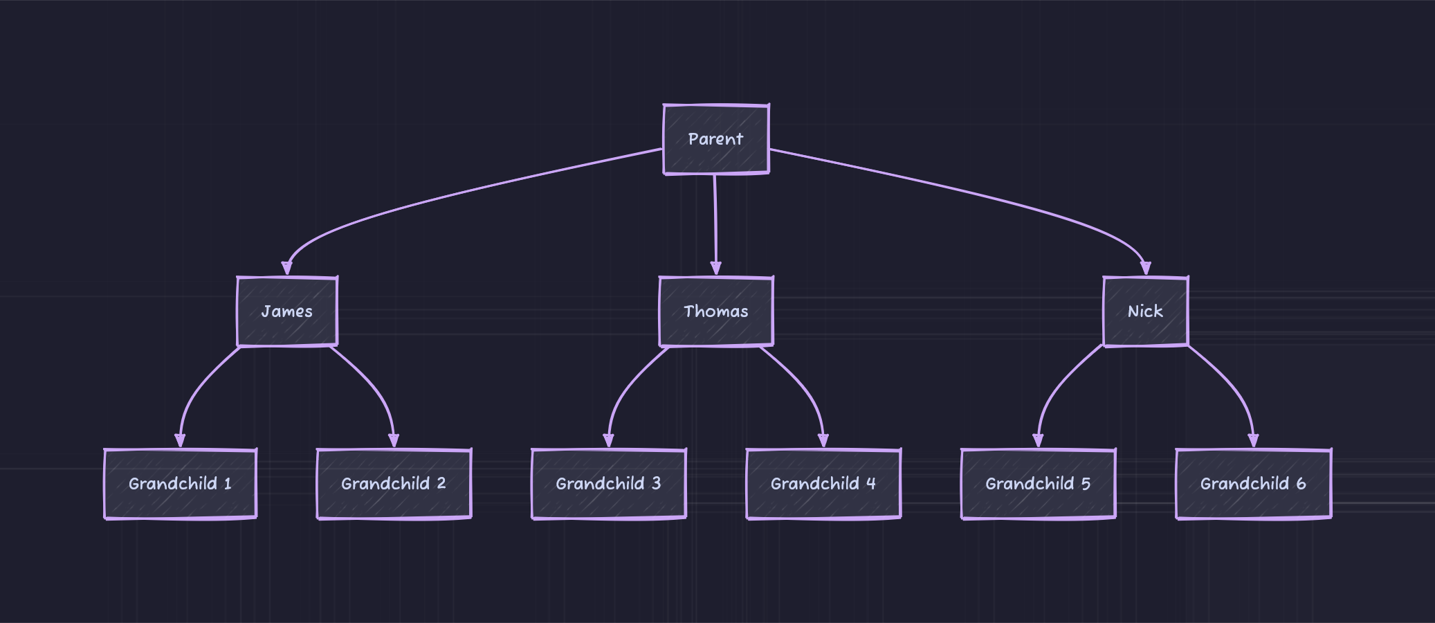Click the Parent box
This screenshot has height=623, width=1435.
pyautogui.click(x=716, y=139)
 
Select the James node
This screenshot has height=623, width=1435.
pyautogui.click(x=287, y=311)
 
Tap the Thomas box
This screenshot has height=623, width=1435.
pyautogui.click(x=716, y=311)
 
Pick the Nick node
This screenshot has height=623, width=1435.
pyautogui.click(x=1145, y=311)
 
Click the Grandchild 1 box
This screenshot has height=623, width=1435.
pyautogui.click(x=180, y=484)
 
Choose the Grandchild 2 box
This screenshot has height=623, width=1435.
pyautogui.click(x=394, y=484)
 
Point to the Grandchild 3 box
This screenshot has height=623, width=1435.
pyautogui.click(x=608, y=484)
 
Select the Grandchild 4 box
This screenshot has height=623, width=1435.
pyautogui.click(x=823, y=484)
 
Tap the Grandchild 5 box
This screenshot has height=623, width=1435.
pyautogui.click(x=1038, y=484)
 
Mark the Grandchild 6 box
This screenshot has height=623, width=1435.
pyautogui.click(x=1253, y=484)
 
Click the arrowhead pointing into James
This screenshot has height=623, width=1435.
pyautogui.click(x=287, y=269)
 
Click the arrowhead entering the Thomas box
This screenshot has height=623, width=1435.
pyautogui.click(x=716, y=269)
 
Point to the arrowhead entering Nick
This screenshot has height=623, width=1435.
pyautogui.click(x=1145, y=269)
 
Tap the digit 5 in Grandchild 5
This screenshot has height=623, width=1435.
pyautogui.click(x=1086, y=484)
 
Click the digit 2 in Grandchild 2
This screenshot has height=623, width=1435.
pyautogui.click(x=441, y=483)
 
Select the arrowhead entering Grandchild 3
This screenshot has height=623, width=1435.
pyautogui.click(x=608, y=441)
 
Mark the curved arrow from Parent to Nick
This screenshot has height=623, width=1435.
pyautogui.click(x=969, y=194)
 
